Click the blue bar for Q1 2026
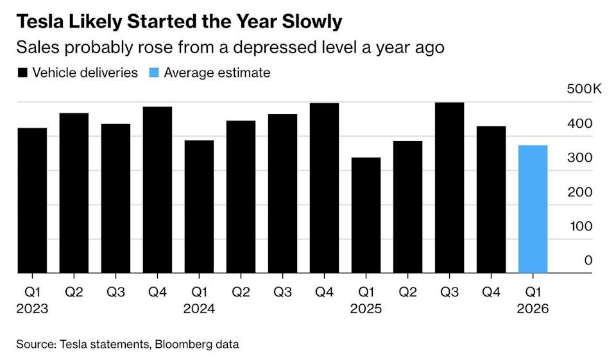tap(533, 209)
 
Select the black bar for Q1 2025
tap(366, 215)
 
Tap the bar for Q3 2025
tap(449, 187)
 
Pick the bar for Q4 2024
tap(324, 187)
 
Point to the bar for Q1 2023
tap(32, 200)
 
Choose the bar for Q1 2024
tap(199, 207)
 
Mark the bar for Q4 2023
tap(157, 190)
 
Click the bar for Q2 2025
tap(407, 207)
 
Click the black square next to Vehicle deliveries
tap(22, 73)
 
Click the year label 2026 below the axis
tap(533, 309)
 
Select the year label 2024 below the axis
tap(199, 309)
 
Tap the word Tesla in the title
tap(39, 22)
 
